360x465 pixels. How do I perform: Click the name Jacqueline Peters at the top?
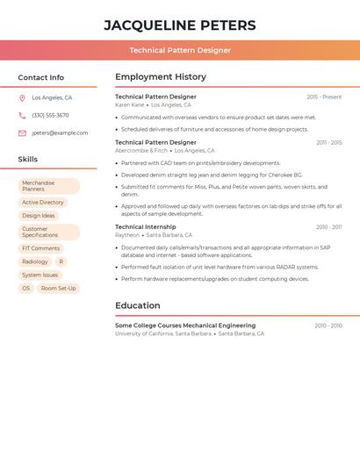pyautogui.click(x=180, y=25)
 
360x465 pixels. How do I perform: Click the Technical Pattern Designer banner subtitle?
pyautogui.click(x=180, y=50)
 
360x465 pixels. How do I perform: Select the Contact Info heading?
pyautogui.click(x=41, y=77)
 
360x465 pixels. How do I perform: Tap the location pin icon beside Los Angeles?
pyautogui.click(x=22, y=98)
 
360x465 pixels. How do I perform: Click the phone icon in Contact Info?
pyautogui.click(x=22, y=116)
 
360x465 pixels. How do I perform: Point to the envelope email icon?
pyautogui.click(x=22, y=133)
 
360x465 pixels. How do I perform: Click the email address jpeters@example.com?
pyautogui.click(x=60, y=133)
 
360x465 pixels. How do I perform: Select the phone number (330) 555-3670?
pyautogui.click(x=50, y=116)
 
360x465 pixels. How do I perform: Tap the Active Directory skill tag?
pyautogui.click(x=43, y=203)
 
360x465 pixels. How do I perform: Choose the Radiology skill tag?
pyautogui.click(x=35, y=261)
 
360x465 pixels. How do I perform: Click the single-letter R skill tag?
pyautogui.click(x=61, y=261)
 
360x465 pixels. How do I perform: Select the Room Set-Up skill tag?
pyautogui.click(x=59, y=288)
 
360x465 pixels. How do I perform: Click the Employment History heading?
pyautogui.click(x=161, y=77)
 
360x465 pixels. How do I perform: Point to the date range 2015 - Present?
pyautogui.click(x=324, y=97)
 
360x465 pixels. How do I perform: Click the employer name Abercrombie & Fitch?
pyautogui.click(x=141, y=151)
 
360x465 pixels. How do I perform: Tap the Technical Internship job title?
pyautogui.click(x=146, y=226)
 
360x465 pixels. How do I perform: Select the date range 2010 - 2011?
pyautogui.click(x=329, y=227)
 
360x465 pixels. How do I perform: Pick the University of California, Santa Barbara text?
pyautogui.click(x=163, y=334)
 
